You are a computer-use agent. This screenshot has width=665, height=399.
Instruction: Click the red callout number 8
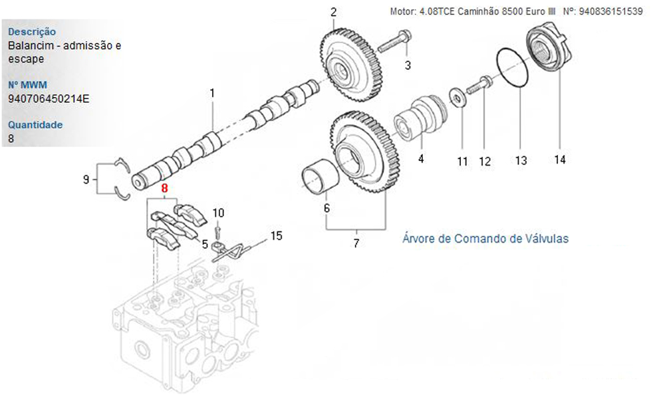[x=165, y=189]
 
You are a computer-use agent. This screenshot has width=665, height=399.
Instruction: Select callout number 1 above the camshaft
[x=212, y=93]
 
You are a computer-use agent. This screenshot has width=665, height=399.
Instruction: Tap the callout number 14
[x=560, y=160]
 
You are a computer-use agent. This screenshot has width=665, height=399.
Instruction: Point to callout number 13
[x=521, y=160]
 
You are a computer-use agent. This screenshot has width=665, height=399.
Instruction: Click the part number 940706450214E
[x=49, y=99]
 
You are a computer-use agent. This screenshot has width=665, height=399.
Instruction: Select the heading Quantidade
[x=36, y=124]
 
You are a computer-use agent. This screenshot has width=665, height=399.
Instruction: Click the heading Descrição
[x=32, y=31]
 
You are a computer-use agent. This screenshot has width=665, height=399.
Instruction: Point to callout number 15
[x=276, y=235]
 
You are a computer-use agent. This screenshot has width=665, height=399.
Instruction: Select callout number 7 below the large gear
[x=356, y=243]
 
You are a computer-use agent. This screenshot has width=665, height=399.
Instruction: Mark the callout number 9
[x=86, y=179]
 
